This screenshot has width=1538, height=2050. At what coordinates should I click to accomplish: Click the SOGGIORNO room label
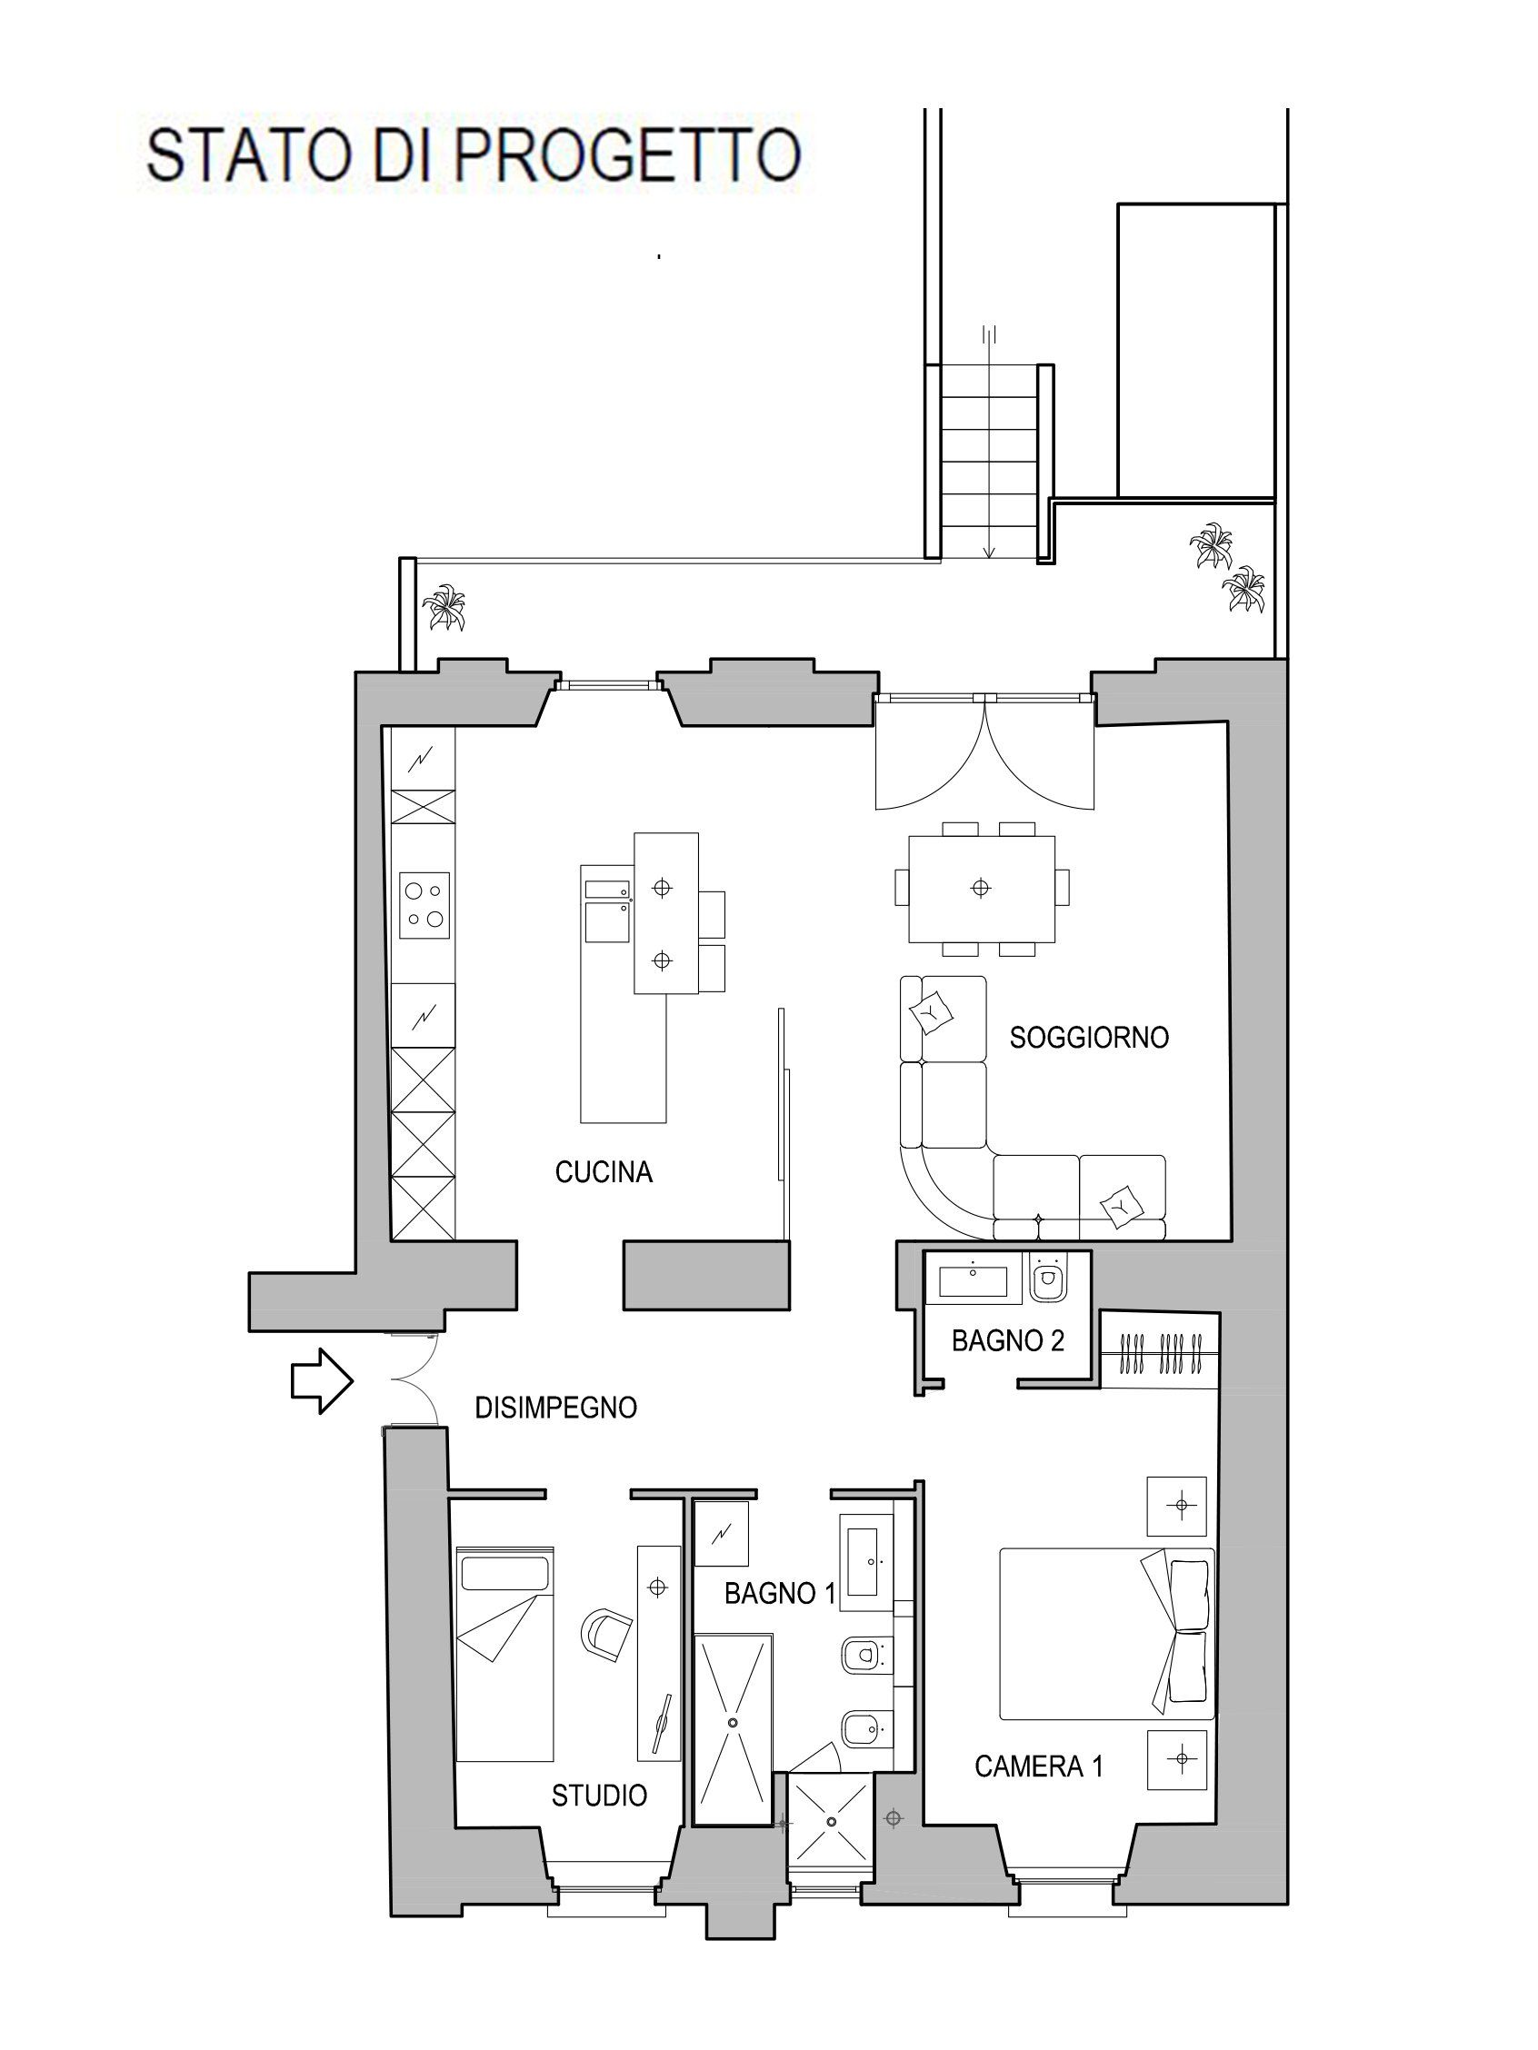(1088, 1037)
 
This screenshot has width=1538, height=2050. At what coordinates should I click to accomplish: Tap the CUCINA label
(604, 1172)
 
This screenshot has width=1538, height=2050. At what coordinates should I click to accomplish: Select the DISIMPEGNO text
(556, 1408)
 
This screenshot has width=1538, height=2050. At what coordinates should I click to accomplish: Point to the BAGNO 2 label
(1008, 1340)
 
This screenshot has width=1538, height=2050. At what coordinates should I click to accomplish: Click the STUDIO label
(599, 1796)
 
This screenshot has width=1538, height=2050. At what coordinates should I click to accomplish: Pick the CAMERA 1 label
(1038, 1766)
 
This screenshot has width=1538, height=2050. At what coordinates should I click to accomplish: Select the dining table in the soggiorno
(981, 888)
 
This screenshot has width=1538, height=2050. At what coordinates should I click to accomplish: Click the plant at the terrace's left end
(444, 608)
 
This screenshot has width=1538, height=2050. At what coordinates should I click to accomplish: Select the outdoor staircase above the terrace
(989, 461)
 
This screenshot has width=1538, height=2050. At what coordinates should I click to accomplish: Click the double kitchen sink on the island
(608, 911)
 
